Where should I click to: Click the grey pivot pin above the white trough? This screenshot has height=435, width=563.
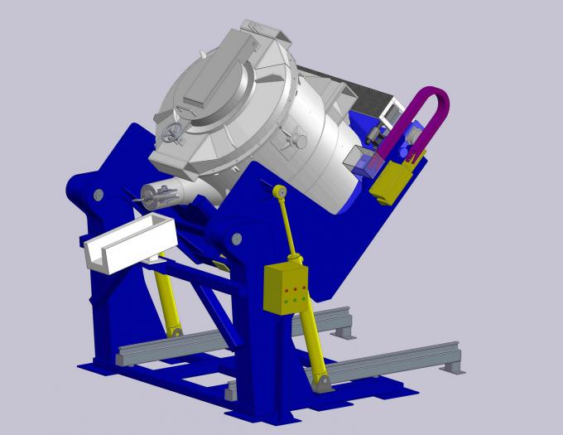(99, 195)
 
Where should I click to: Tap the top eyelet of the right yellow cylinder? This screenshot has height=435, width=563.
(280, 192)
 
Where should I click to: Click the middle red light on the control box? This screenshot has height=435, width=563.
(291, 290)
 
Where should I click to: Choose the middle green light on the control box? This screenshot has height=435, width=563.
(292, 300)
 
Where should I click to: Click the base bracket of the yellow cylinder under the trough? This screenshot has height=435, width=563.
(175, 332)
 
